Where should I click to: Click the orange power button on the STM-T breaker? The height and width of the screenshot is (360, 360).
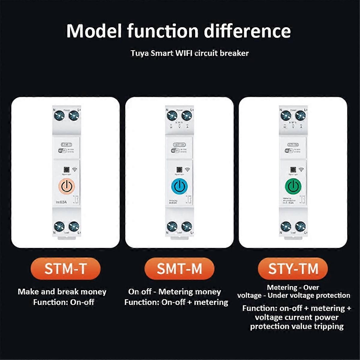pos(66,186)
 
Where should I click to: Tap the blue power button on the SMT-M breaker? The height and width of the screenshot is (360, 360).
pos(179,186)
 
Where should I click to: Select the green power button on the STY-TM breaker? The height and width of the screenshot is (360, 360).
pos(293,186)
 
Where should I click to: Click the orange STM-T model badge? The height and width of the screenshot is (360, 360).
pos(65,268)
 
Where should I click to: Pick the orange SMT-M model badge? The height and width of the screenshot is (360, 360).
pos(179,268)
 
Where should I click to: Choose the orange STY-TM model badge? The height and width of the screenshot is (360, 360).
pos(293,268)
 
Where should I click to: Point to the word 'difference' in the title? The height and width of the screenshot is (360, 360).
pos(247,31)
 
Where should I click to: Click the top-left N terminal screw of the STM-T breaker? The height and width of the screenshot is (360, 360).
pos(59,116)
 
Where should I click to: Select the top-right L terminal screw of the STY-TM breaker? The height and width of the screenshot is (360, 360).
pos(300,116)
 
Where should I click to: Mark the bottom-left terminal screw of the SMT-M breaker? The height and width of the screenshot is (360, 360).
pos(172,226)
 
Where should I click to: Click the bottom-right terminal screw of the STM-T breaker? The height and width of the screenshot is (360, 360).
pos(73,226)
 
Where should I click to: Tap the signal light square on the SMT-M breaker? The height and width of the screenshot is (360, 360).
pos(179,169)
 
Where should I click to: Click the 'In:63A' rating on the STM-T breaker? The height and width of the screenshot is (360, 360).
pos(61,202)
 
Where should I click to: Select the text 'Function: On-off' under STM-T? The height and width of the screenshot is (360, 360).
pos(64,302)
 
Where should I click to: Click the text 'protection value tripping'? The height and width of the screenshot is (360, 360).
pos(297,326)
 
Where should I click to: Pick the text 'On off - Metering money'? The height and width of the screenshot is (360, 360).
pos(175,292)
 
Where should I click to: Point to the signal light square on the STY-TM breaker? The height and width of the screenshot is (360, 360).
pos(293,169)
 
